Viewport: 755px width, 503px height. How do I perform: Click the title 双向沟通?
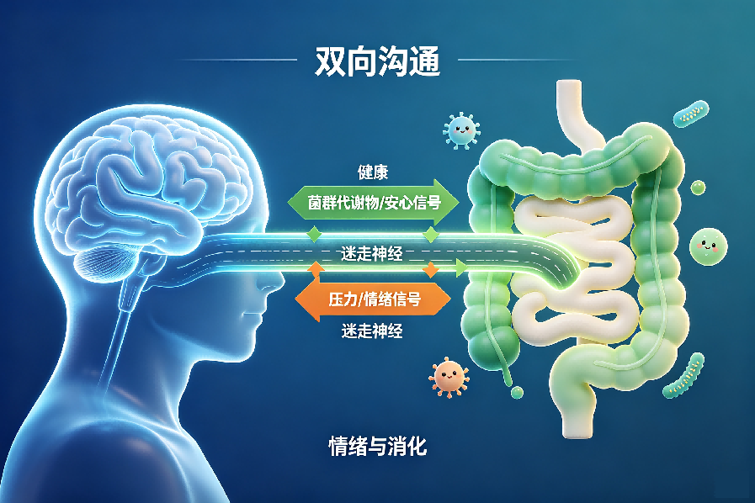pos(377,61)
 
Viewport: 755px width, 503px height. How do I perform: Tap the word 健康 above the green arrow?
pos(373,172)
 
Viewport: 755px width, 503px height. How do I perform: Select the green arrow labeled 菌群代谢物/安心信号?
pos(373,202)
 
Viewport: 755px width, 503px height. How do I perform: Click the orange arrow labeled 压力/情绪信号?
pos(373,299)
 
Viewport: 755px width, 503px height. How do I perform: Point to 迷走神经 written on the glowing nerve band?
pos(371,254)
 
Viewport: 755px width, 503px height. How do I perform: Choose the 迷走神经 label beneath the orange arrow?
pos(372,331)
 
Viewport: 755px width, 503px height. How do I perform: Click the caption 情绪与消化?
pos(377,446)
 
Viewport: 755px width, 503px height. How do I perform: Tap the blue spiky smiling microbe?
pos(461,130)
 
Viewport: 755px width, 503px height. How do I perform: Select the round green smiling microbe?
pos(708,247)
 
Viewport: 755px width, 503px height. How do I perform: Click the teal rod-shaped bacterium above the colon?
pos(691,114)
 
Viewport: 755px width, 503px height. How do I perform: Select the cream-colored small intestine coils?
pos(576,269)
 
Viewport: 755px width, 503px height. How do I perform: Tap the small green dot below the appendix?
pos(517,392)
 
